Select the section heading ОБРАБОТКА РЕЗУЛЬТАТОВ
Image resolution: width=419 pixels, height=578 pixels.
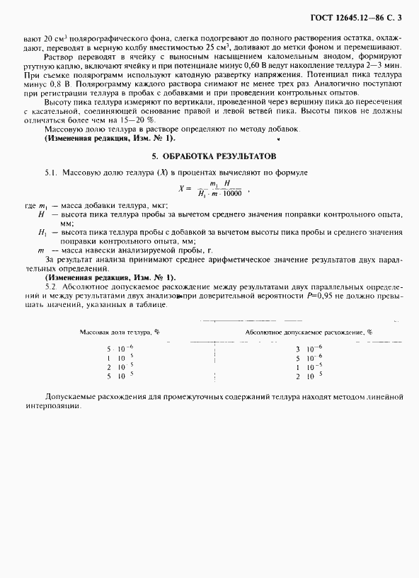tap(220, 155)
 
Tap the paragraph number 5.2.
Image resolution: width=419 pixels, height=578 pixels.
tap(50, 287)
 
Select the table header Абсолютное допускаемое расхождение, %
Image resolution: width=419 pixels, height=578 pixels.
tap(308, 331)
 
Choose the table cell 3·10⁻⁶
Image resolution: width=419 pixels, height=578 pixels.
tap(308, 349)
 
